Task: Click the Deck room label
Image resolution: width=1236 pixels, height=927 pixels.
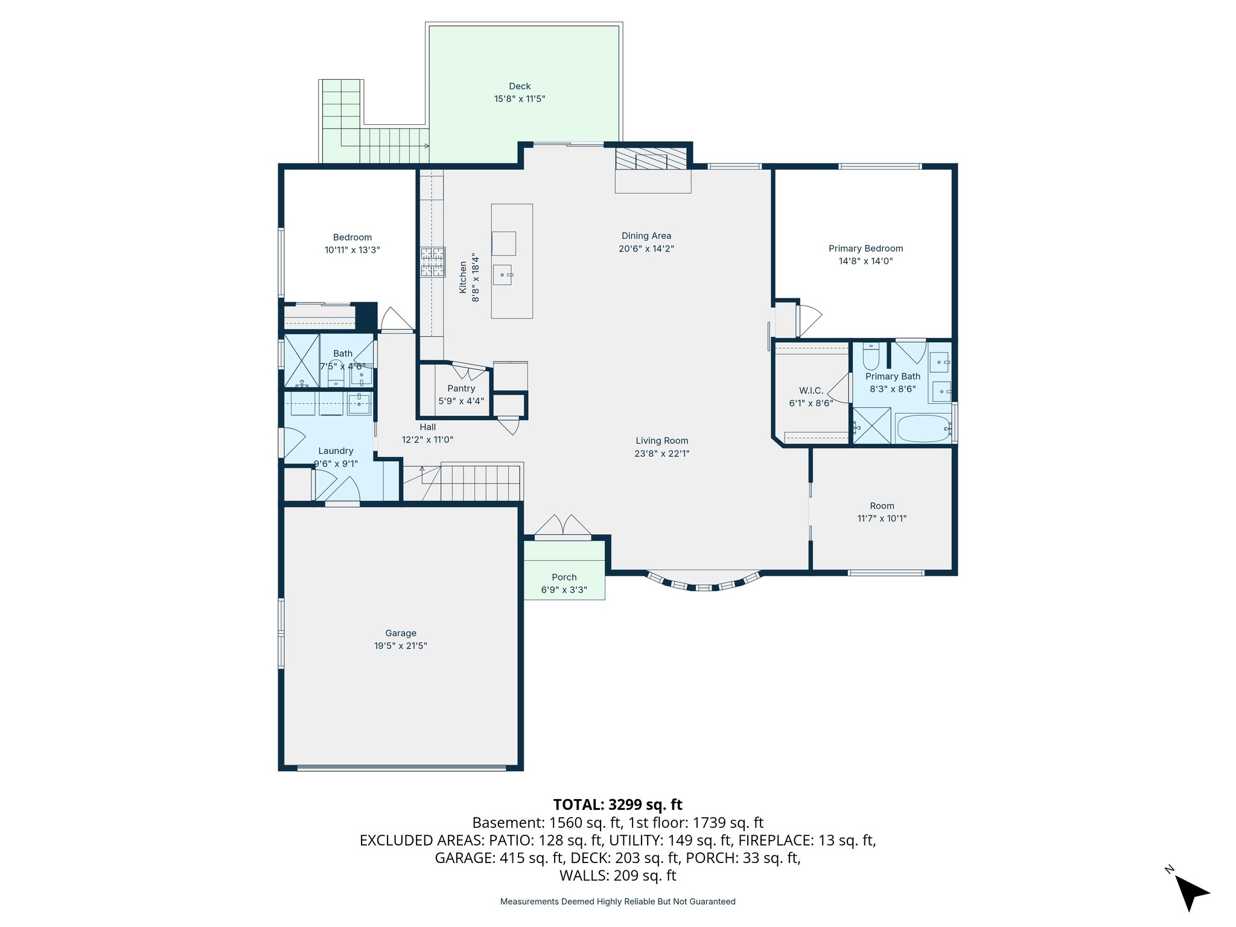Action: pos(520,86)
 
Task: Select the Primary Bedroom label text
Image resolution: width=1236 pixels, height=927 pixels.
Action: pos(865,249)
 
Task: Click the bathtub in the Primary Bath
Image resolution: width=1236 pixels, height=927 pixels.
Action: pos(923,428)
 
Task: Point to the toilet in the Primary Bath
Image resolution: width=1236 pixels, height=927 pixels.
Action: pos(871,357)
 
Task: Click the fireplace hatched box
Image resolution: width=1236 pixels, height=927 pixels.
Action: pos(651,159)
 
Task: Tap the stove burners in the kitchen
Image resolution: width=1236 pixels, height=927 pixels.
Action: pos(433,262)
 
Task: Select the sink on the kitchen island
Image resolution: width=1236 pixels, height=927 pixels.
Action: pos(503,275)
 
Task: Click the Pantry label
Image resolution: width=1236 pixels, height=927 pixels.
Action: pos(461,389)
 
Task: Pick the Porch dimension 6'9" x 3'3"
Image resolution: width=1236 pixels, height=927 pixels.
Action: pos(564,590)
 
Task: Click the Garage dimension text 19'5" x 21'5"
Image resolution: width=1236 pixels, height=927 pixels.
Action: pos(400,646)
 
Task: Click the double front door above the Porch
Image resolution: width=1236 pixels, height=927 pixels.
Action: pos(562,526)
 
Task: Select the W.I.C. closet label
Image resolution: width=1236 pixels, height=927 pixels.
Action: pos(811,390)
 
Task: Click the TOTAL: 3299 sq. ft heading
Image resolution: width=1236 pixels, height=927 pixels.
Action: pos(617,804)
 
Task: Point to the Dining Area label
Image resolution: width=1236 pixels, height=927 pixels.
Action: pos(646,236)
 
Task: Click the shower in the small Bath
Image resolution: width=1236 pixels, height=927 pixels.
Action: pos(301,361)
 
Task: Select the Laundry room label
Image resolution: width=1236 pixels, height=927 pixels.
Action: pos(336,451)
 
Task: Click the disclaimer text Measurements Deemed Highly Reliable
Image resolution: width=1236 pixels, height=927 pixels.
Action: pos(617,902)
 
